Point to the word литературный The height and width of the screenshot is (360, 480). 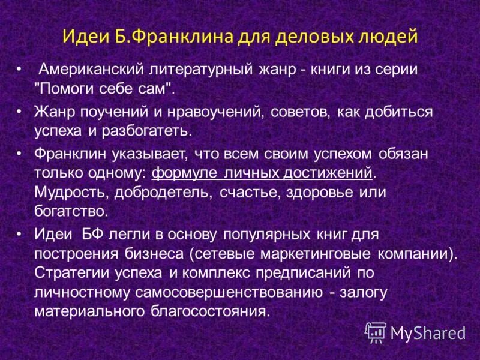(x=196, y=70)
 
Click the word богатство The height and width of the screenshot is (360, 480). (x=71, y=211)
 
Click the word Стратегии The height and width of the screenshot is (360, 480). (x=68, y=273)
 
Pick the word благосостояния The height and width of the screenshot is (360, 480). (x=206, y=312)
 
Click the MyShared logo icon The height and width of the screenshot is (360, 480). (x=376, y=331)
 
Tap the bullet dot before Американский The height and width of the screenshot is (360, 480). (x=20, y=70)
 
